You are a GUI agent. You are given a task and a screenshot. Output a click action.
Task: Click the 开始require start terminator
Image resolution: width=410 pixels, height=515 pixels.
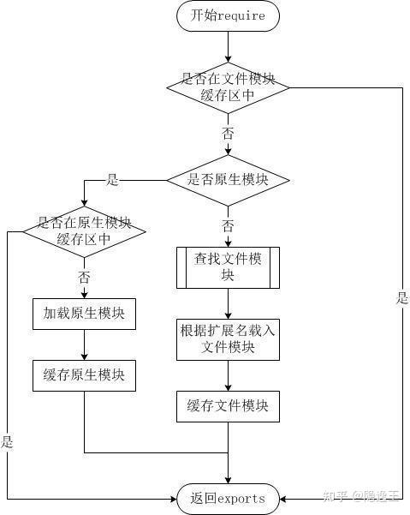(228, 15)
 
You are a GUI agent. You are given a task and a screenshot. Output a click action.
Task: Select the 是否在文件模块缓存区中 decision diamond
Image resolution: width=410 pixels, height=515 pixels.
(228, 87)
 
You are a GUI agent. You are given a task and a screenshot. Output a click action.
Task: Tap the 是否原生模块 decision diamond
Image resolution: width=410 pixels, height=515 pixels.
(228, 180)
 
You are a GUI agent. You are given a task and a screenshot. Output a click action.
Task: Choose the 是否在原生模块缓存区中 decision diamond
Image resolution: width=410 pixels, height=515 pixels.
(84, 231)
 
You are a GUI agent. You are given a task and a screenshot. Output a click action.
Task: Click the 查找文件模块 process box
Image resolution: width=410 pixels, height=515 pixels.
(228, 267)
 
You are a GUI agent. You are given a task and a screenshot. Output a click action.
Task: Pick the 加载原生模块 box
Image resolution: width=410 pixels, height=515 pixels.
(84, 314)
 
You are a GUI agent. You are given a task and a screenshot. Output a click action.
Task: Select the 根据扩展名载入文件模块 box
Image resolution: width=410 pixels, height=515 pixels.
(228, 338)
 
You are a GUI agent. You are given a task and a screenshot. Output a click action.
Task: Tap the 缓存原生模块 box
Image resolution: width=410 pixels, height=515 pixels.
(84, 374)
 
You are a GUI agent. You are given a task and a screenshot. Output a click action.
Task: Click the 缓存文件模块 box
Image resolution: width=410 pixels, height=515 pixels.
(228, 405)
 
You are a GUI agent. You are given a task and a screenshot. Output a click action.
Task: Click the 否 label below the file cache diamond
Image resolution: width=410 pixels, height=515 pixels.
(228, 134)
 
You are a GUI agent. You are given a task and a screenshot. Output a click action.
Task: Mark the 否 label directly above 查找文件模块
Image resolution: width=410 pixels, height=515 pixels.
(228, 226)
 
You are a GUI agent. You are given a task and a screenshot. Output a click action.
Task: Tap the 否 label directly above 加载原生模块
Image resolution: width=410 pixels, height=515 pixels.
(84, 278)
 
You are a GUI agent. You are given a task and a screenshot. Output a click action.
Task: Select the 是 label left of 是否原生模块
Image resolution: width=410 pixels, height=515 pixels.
(112, 180)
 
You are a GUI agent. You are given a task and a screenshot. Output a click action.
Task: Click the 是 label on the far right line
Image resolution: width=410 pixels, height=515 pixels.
(402, 298)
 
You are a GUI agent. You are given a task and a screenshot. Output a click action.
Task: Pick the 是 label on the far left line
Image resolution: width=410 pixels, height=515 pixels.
(8, 442)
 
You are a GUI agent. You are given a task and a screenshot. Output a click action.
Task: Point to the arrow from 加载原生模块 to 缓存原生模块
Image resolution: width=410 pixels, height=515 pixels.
(84, 344)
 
